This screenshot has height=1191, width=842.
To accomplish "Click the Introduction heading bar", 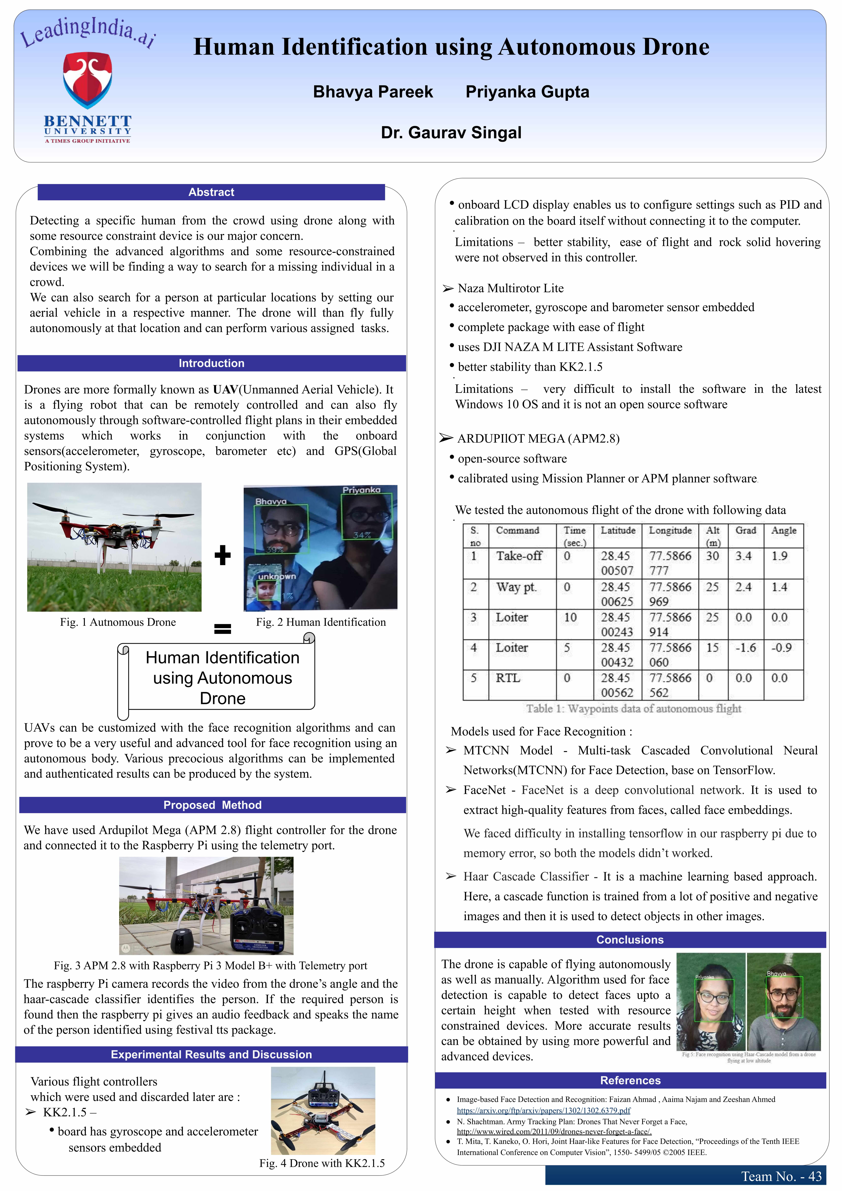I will point(212,363).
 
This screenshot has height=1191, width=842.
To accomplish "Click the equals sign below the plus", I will point(222,629).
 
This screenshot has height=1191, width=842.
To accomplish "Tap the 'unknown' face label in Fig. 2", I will point(277,576).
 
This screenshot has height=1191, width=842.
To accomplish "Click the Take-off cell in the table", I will point(519,556).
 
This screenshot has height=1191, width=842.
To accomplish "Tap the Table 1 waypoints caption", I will point(634,709).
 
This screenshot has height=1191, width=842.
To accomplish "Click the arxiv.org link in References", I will point(543,1111).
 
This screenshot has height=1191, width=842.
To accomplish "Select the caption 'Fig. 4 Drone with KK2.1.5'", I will point(322,1163).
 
